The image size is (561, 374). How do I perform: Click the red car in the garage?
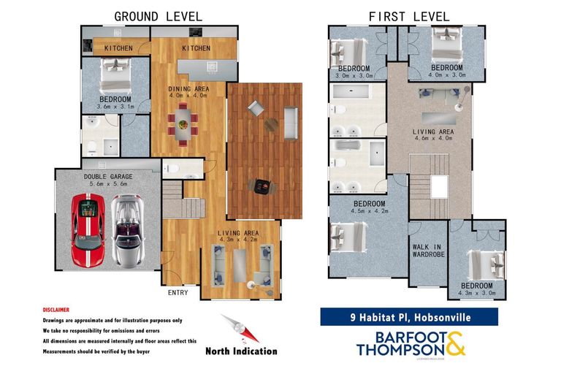[x=88, y=231]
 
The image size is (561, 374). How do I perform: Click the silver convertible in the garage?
[x=129, y=230]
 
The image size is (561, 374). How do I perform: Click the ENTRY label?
[x=178, y=292]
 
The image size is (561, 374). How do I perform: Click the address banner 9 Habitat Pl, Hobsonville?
[x=409, y=317]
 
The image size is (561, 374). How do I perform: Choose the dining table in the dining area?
[x=183, y=124]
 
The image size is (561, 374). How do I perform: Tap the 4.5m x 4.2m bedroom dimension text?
[x=368, y=212]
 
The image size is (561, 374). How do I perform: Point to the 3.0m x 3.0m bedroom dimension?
[x=354, y=75]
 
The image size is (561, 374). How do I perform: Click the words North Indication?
[x=241, y=351]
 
